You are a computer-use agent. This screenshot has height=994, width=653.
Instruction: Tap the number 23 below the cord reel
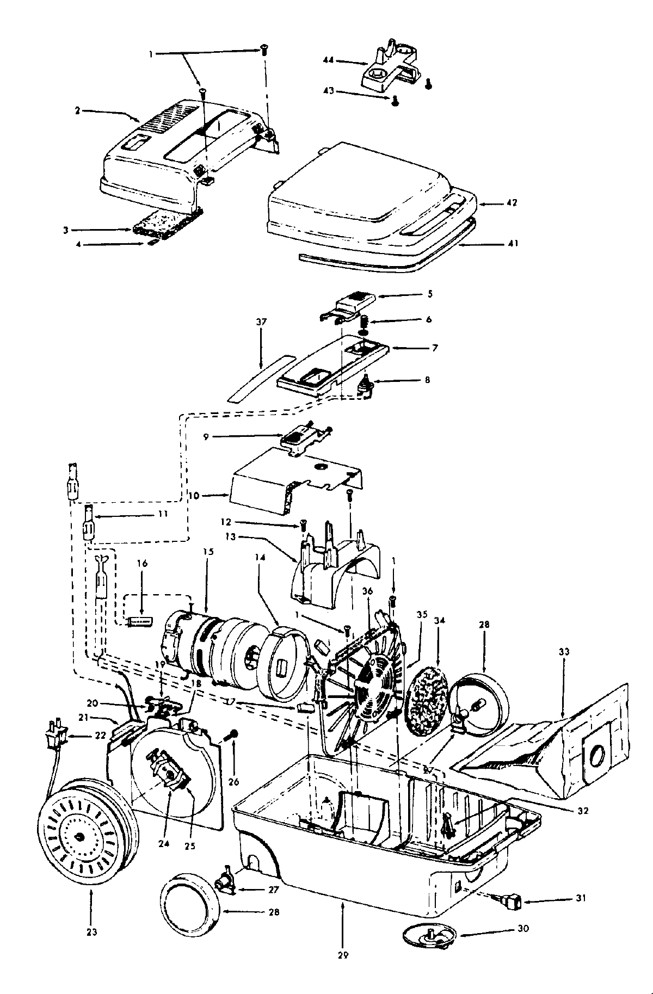91,932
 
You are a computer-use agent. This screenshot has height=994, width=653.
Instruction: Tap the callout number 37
261,322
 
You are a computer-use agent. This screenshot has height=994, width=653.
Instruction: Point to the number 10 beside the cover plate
194,496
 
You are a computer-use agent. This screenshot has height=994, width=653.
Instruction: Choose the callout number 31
581,898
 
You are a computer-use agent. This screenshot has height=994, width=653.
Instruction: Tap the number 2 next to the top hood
77,110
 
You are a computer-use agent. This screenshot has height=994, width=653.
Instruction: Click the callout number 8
427,380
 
